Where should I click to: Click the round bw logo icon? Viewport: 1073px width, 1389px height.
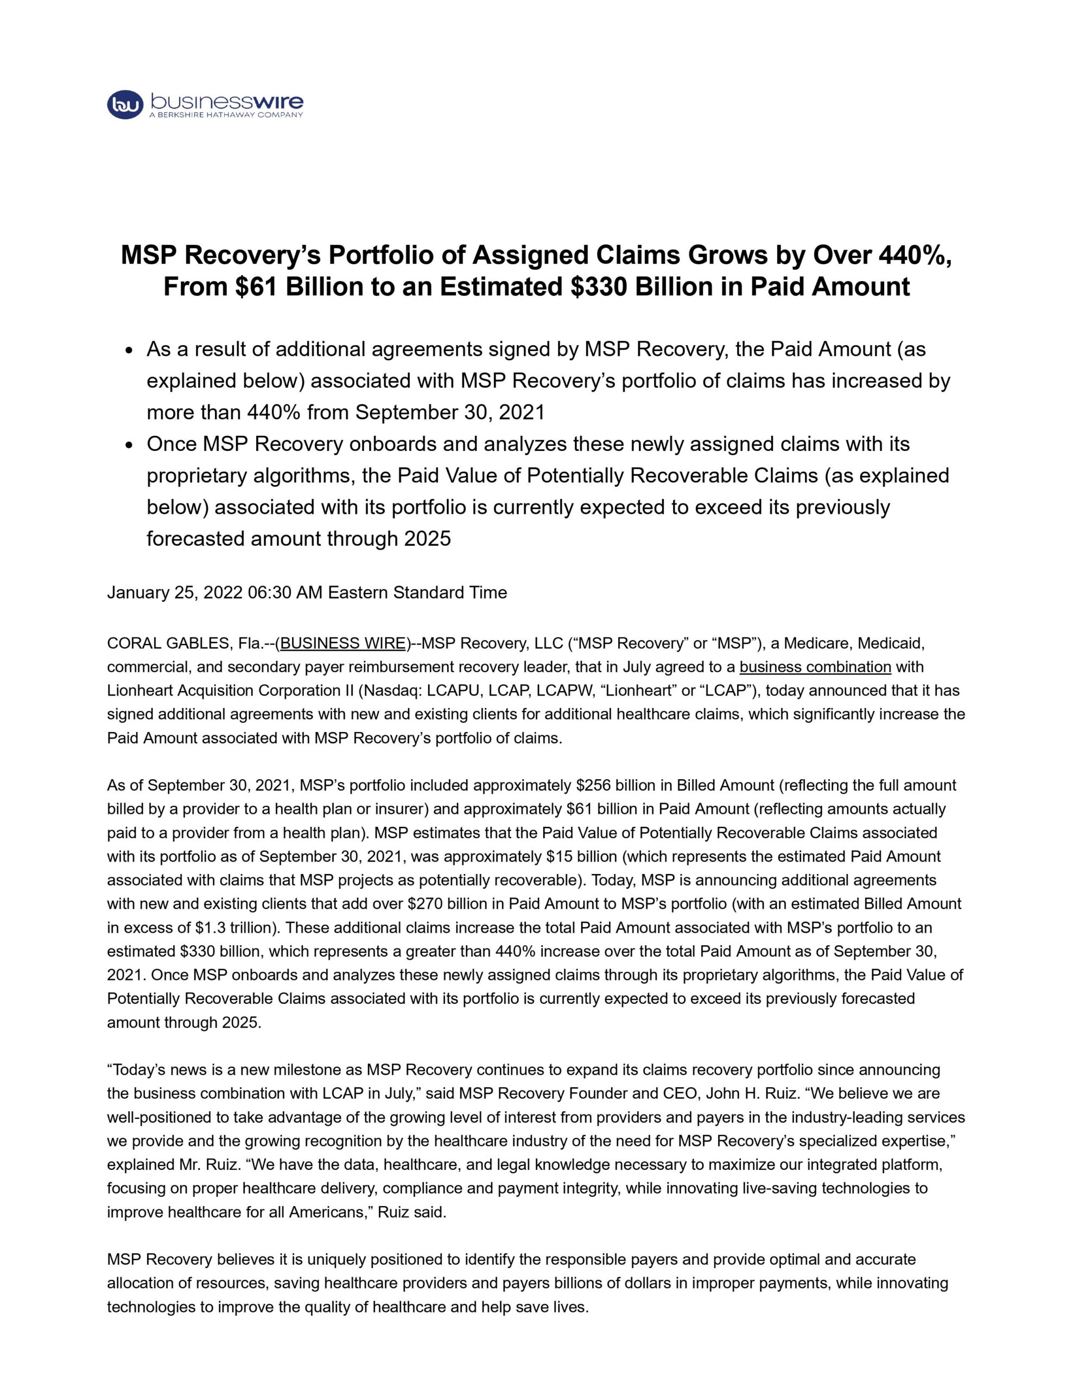click(x=125, y=104)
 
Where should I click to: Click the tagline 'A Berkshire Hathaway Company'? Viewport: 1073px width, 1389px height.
click(x=226, y=115)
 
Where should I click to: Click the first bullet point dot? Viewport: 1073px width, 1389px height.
click(x=130, y=351)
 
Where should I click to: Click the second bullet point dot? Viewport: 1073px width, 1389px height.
click(x=130, y=446)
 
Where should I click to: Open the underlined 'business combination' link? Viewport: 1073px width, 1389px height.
click(x=815, y=667)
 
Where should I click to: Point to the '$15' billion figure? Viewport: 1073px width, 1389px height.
click(x=557, y=857)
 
